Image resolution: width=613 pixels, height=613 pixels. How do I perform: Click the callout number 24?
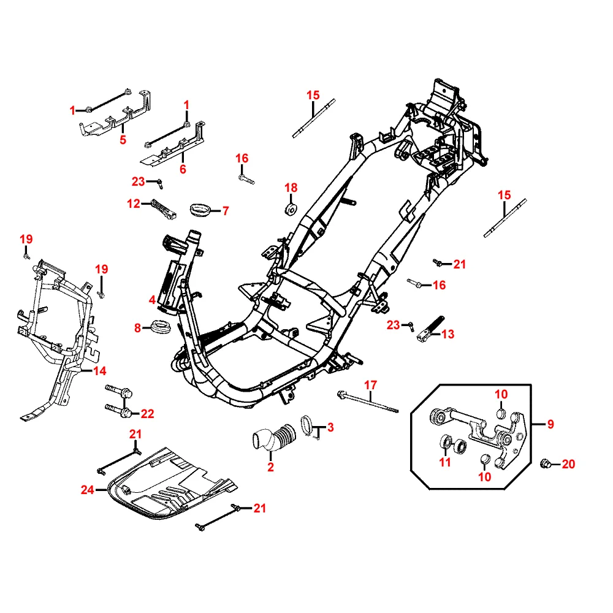point(87,489)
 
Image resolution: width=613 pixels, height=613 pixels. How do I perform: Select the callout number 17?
point(370,386)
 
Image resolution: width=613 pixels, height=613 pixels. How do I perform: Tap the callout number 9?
point(550,423)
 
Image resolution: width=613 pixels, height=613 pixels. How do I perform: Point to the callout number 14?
point(99,371)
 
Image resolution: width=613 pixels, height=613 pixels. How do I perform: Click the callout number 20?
point(569,464)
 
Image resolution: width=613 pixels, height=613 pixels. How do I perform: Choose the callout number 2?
point(271,468)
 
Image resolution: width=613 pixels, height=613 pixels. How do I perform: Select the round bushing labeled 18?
point(290,209)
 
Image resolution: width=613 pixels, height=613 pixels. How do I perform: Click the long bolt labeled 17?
point(368,402)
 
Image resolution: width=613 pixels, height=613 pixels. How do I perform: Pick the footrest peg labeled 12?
point(162,208)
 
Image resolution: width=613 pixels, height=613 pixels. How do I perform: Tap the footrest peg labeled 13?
point(429,327)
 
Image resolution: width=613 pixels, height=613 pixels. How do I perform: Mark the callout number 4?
point(151,300)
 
